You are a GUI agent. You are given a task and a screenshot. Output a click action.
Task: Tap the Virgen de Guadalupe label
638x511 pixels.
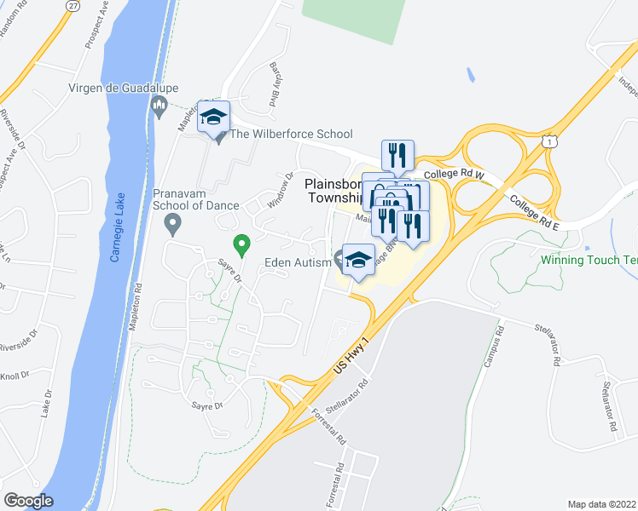point(115,88)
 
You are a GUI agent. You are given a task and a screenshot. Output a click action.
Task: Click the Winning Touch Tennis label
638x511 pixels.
point(589,260)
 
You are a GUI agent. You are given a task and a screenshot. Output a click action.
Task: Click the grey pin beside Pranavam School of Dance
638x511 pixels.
point(172,225)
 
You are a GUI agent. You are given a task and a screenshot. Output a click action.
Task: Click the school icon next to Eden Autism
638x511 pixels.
point(358,260)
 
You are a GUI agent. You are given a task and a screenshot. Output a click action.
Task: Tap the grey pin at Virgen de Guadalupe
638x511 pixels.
point(158,106)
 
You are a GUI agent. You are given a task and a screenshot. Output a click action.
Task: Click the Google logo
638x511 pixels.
point(28,500)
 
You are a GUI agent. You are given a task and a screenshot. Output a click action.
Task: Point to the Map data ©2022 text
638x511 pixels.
point(602,503)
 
